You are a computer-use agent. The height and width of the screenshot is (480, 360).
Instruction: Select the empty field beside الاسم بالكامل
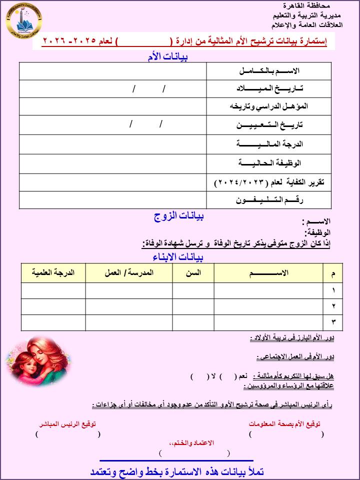click(113, 71)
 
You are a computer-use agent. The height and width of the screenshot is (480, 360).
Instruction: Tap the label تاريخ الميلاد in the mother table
click(269, 88)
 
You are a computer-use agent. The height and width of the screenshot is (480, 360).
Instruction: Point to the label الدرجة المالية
click(269, 144)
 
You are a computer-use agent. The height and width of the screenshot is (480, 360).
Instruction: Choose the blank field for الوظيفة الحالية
click(113, 163)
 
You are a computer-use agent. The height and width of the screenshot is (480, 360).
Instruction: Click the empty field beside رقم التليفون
click(113, 199)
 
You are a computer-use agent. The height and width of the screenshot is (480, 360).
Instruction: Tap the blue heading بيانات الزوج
click(178, 216)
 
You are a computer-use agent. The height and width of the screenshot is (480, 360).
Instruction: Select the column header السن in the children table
click(193, 273)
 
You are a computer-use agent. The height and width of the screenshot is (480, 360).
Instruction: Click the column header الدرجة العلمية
click(53, 273)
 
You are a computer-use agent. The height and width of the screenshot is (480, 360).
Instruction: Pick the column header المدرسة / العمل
click(129, 273)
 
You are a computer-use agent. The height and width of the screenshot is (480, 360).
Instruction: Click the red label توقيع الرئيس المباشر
click(67, 423)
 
